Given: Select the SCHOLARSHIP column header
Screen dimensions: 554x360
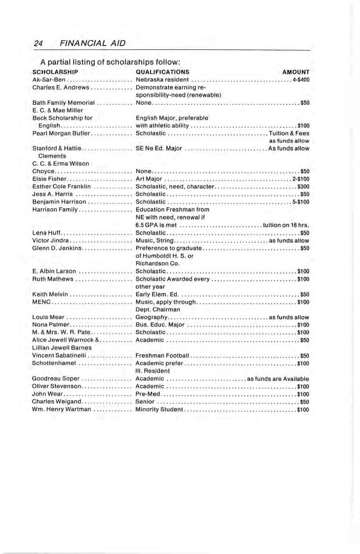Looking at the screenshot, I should coord(55,73).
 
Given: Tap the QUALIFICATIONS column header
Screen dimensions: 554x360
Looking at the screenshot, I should coord(162,73).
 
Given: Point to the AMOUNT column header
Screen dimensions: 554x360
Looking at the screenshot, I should coord(296,73).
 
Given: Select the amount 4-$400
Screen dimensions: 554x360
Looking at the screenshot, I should coord(301,80).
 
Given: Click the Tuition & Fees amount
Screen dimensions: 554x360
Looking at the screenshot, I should coord(289,133).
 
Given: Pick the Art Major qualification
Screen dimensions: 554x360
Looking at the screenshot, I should coord(150,179).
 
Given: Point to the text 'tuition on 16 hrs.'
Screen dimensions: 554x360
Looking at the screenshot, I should coord(286,225).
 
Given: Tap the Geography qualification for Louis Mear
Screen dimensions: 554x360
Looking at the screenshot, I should coord(150,317).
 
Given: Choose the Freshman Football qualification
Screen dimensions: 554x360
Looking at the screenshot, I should coord(162,355).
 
